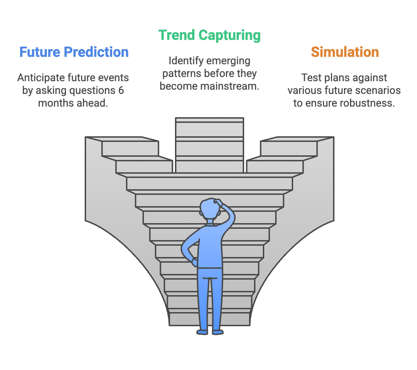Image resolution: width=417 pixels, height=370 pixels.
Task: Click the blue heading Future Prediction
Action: point(74,52)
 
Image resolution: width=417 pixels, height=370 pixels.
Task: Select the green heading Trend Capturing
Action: point(209,35)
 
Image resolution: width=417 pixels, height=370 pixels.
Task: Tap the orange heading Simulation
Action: point(345,52)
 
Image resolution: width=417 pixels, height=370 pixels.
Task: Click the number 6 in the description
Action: point(121,91)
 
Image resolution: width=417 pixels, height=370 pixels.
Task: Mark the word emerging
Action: point(229,61)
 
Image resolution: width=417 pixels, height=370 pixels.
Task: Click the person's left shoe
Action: point(203,332)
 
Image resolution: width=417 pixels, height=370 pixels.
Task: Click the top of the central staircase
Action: point(210,120)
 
